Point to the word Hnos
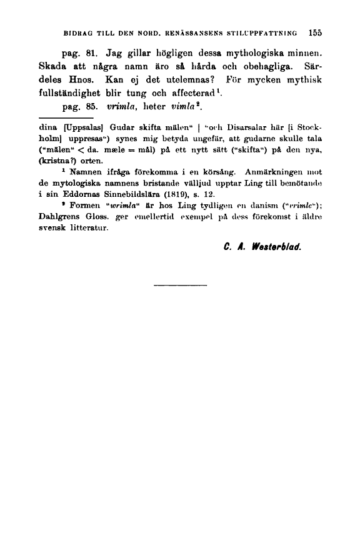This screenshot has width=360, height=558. (x=89, y=80)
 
